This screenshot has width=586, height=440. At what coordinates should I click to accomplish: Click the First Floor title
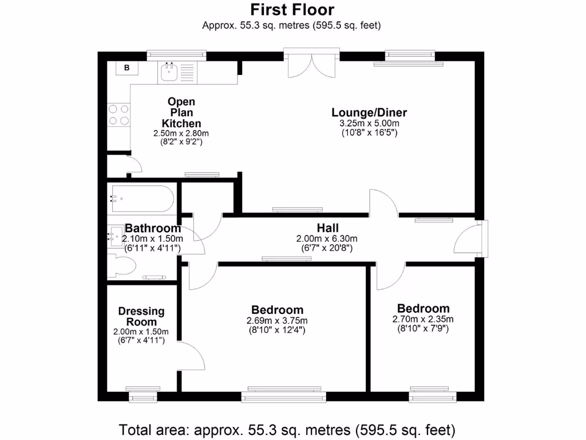point(292,10)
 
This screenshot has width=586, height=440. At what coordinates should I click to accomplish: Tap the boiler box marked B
point(127,68)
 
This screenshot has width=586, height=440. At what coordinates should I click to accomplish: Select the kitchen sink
point(169,72)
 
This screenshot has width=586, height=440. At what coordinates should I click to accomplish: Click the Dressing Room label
point(141,316)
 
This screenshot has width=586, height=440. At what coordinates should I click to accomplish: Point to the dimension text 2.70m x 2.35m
point(423,319)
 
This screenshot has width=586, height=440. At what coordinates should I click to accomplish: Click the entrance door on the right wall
point(468,239)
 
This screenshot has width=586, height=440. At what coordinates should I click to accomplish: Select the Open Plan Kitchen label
point(181,112)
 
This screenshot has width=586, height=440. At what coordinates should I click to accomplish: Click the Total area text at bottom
point(287,429)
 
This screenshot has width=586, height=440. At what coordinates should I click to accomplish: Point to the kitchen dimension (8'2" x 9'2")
point(181,142)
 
